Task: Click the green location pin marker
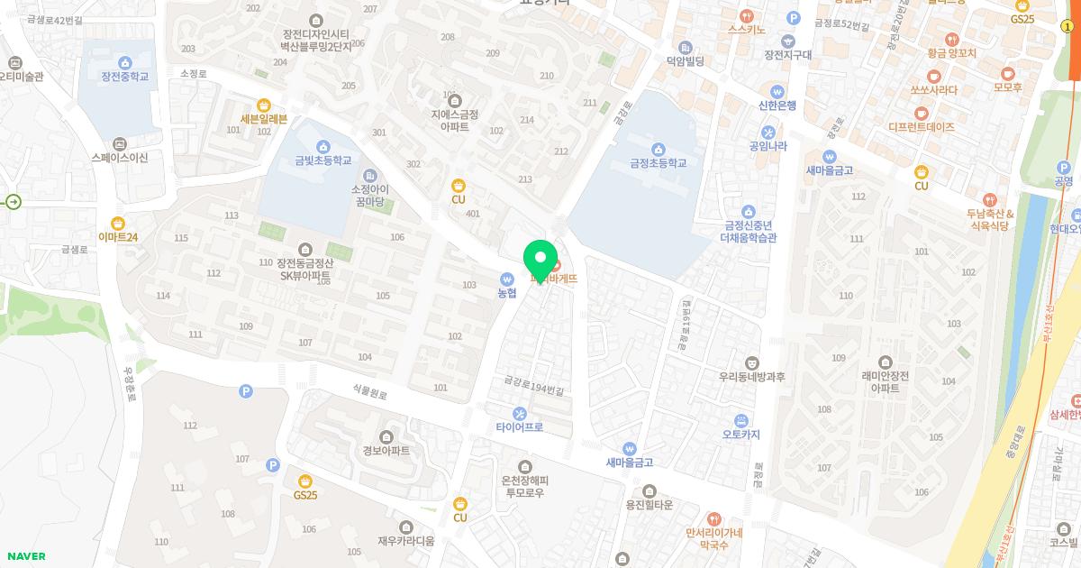pos(540,261)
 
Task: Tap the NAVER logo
pos(26,556)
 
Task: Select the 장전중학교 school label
pos(124,77)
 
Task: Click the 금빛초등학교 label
pos(323,161)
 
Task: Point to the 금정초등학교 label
pos(658,163)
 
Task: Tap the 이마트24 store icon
pos(118,223)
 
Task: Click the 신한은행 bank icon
pos(777,91)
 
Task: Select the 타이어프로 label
pos(520,426)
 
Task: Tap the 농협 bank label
pos(507,292)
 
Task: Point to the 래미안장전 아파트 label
pos(885,381)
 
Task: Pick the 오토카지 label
pos(740,435)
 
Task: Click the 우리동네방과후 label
pos(752,377)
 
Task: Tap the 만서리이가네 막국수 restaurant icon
pos(713,518)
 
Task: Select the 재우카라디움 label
pos(406,541)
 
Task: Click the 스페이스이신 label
pos(120,157)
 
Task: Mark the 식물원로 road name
pos(369,392)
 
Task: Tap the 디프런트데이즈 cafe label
pos(921,127)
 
